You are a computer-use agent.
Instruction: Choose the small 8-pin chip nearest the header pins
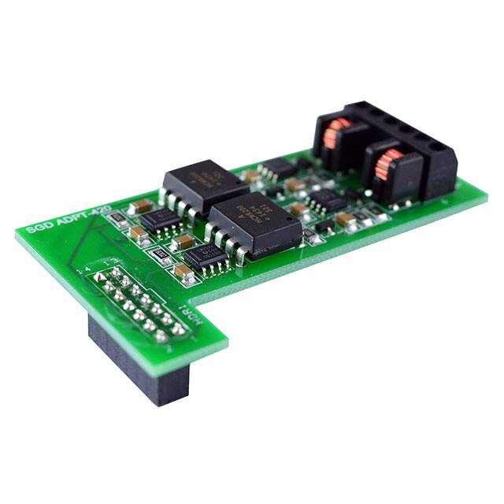(207, 256)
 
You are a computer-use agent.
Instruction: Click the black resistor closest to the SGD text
(116, 217)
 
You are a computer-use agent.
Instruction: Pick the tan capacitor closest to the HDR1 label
(186, 272)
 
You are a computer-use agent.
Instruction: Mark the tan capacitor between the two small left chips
(182, 241)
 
